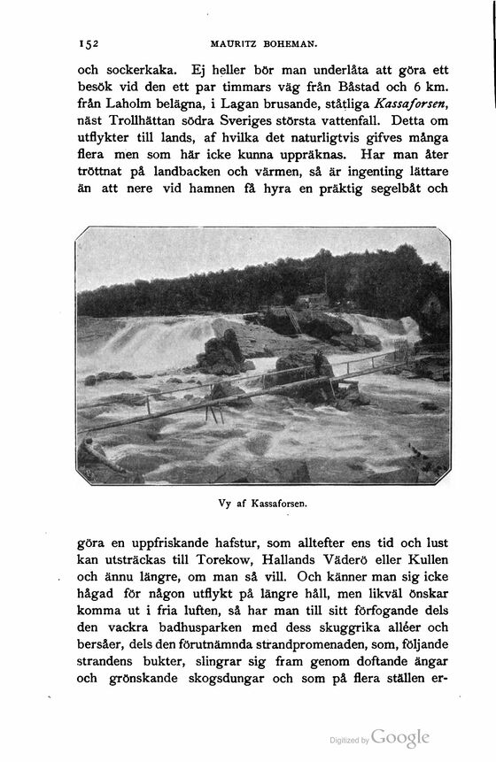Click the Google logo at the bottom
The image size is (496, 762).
pyautogui.click(x=400, y=737)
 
